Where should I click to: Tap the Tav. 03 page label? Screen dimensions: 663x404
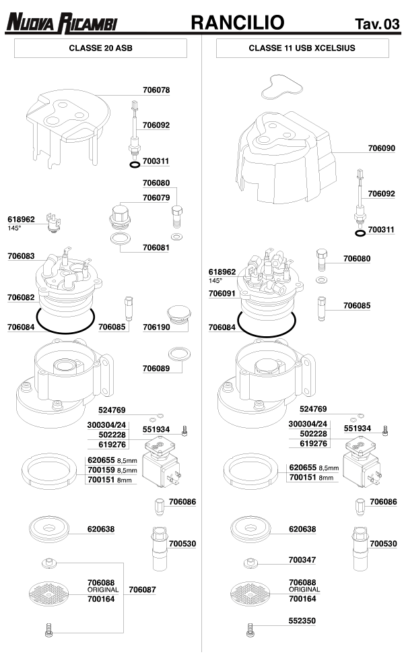[x=376, y=26]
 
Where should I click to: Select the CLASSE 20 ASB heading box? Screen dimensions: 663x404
[x=100, y=49]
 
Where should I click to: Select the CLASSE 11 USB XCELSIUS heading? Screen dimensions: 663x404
[x=302, y=49]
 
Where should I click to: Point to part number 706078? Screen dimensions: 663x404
[x=156, y=90]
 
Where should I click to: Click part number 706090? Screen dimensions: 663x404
[x=381, y=148]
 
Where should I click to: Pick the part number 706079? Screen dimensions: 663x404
[x=156, y=197]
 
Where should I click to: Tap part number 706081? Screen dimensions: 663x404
[x=156, y=247]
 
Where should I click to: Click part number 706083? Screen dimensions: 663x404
[x=22, y=256]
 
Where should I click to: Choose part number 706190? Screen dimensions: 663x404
[x=156, y=327]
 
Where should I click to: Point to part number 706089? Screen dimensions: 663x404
[x=156, y=368]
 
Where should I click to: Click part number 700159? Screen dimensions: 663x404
[x=101, y=470]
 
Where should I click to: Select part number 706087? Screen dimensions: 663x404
[x=142, y=590]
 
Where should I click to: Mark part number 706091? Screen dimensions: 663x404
[x=222, y=294]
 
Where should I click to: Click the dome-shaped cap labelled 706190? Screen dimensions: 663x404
[x=178, y=314]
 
